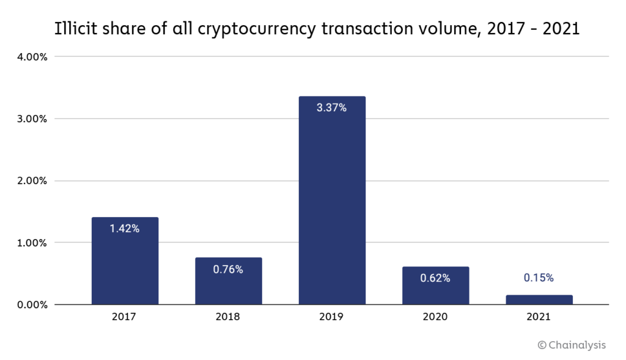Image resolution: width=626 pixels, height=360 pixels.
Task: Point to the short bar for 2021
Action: coord(539,299)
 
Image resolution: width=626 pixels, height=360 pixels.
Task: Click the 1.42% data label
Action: coord(125,229)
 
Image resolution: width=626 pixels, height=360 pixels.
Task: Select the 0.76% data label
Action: coord(228,270)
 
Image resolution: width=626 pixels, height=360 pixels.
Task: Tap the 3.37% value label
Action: coord(332,108)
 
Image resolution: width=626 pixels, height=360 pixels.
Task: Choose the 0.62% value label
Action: coord(435,278)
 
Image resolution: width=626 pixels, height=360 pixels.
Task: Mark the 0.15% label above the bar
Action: coord(539,278)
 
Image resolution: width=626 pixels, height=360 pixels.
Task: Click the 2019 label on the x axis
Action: coord(332,317)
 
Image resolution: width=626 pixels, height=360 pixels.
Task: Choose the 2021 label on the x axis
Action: coord(539,317)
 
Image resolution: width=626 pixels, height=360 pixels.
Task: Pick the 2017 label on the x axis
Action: coord(125,317)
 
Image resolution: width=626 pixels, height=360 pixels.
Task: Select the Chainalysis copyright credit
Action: coord(572,345)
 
